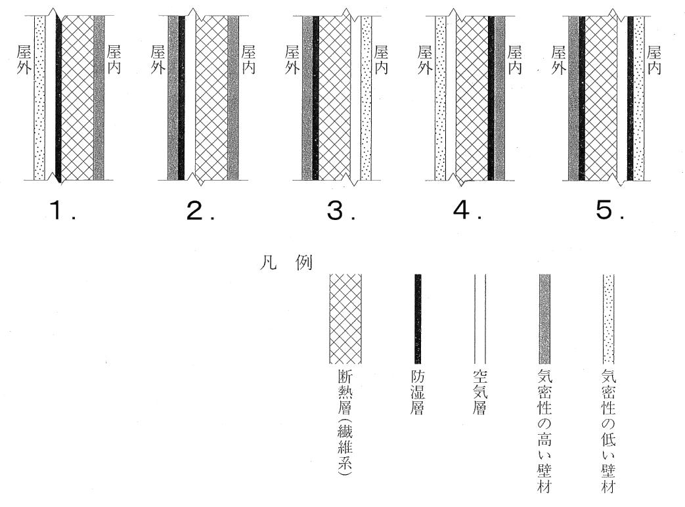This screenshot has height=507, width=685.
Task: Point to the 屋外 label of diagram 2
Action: (157, 60)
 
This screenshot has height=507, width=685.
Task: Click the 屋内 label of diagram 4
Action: (515, 60)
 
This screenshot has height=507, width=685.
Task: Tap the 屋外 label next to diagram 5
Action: (559, 60)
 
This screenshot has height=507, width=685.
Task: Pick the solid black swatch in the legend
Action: (418, 319)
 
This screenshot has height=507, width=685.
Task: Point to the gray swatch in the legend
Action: (544, 319)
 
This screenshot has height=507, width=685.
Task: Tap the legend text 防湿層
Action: (418, 393)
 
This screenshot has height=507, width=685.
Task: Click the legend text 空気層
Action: (479, 393)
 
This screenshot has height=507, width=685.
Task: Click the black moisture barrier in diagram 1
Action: (58, 99)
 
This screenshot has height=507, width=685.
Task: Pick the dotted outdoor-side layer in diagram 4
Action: (441, 99)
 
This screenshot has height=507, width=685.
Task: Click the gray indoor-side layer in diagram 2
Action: (233, 99)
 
